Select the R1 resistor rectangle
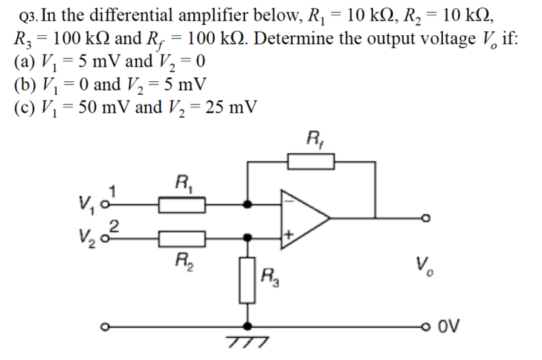click(x=182, y=203)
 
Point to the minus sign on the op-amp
click(x=289, y=198)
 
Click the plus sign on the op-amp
click(x=289, y=235)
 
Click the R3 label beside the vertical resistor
click(x=271, y=275)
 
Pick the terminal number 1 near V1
click(x=113, y=190)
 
